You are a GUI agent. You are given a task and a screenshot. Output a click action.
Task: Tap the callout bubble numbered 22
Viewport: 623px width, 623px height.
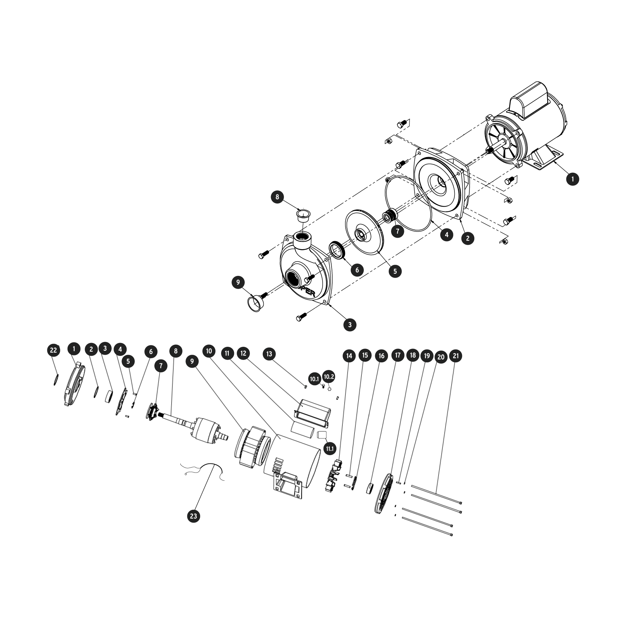[53, 350]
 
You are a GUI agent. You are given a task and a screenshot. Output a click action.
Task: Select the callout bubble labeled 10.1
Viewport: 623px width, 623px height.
[314, 379]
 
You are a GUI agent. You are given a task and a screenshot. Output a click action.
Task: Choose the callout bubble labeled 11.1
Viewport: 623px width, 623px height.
[329, 449]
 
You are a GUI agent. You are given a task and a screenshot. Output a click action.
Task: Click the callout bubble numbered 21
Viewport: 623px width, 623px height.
[456, 356]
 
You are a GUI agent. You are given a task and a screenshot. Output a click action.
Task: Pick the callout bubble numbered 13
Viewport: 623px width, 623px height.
[269, 354]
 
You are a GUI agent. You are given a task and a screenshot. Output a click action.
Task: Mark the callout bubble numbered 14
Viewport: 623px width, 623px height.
[349, 355]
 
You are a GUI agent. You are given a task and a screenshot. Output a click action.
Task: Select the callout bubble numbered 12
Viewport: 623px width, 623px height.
[243, 353]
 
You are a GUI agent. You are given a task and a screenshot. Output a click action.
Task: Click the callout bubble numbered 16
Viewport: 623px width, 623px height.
[381, 355]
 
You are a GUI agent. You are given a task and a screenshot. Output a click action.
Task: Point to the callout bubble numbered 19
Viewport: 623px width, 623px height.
[427, 356]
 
